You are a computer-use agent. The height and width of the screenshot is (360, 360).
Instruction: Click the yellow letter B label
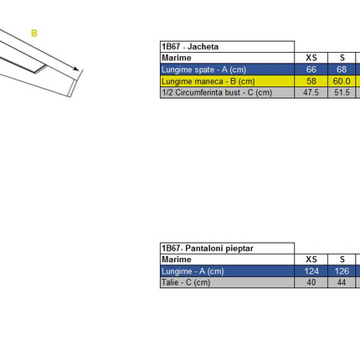(x=34, y=33)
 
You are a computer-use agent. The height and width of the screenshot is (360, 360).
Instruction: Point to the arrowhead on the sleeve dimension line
(x=75, y=69)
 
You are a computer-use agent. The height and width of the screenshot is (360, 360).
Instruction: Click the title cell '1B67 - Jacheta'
(x=190, y=47)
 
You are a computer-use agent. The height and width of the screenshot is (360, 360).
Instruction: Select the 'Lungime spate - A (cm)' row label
(x=203, y=69)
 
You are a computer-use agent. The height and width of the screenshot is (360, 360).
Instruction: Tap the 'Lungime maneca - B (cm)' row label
(x=208, y=81)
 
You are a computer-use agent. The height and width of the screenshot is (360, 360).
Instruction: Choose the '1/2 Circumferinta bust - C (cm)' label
(x=217, y=92)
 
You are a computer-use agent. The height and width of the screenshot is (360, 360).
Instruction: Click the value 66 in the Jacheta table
(x=311, y=69)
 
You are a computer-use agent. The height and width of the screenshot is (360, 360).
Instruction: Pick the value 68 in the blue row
(x=342, y=69)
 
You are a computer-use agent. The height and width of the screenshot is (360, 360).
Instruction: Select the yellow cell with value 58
(x=311, y=81)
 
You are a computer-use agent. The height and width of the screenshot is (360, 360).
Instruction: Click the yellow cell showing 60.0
(x=342, y=81)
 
